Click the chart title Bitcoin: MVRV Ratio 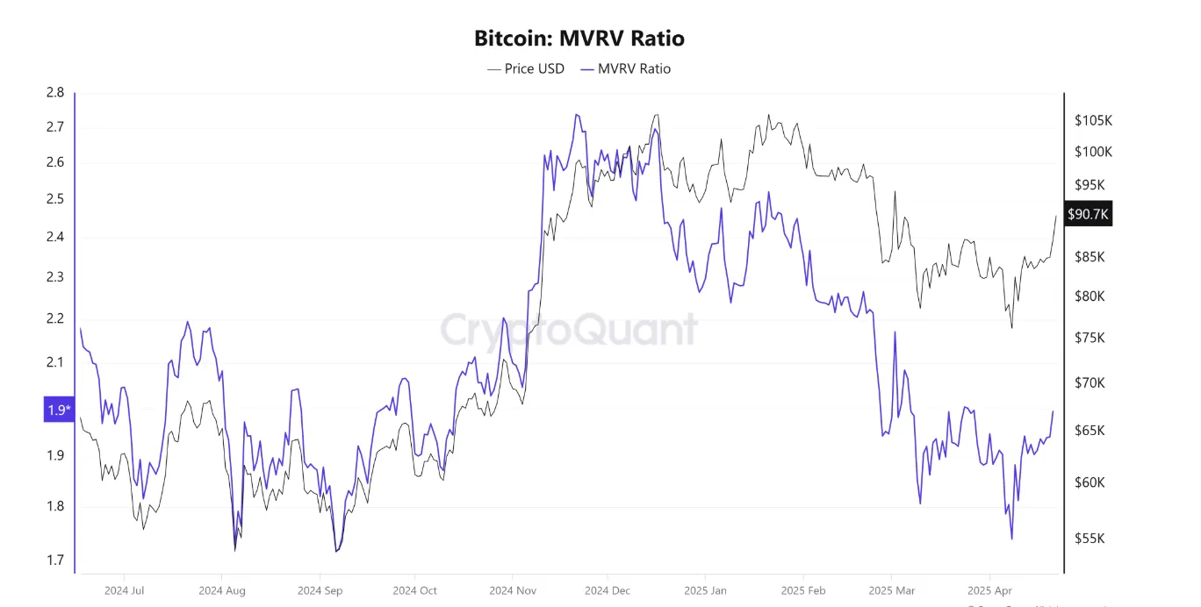pos(579,39)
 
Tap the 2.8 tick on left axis pos(55,93)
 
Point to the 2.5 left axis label pos(55,199)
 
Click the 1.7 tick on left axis pos(55,560)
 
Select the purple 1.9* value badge pos(59,410)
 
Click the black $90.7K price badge pos(1089,214)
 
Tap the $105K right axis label pos(1094,120)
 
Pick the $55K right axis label pos(1090,539)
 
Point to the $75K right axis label pos(1090,338)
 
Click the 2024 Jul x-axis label pos(123,590)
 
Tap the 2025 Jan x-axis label pos(706,590)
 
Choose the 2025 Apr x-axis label pos(989,590)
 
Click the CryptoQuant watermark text pos(568,330)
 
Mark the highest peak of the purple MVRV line pos(577,115)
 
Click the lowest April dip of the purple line pos(1011,539)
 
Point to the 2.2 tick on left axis pos(55,318)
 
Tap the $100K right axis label pos(1094,152)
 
